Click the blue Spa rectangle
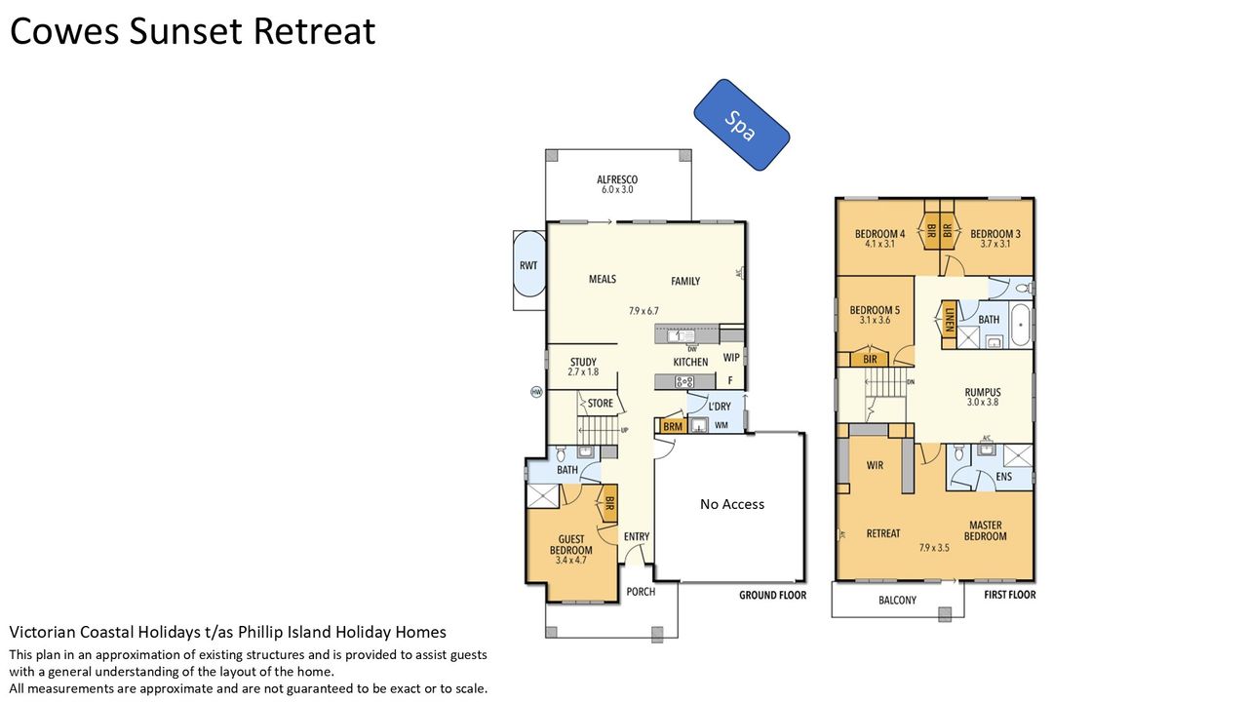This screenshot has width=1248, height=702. point(742,125)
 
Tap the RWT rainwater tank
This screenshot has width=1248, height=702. point(528,264)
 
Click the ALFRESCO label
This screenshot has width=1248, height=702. point(617,180)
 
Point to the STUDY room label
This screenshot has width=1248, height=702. point(583,362)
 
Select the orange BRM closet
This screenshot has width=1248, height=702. point(673,426)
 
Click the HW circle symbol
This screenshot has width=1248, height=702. point(536,392)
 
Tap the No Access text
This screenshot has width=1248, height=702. point(732,504)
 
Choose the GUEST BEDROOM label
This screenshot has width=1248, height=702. point(571,545)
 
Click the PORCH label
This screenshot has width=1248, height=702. point(641,592)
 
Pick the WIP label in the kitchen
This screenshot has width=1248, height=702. point(731,357)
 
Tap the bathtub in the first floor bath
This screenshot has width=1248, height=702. point(1022,325)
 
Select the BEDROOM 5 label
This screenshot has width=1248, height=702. point(875,310)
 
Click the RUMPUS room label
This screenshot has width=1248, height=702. point(983,392)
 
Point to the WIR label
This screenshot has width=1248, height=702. point(875,465)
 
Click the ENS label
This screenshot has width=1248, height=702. point(1004,477)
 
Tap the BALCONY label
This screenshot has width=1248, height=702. point(898,600)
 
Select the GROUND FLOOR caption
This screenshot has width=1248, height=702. point(773,595)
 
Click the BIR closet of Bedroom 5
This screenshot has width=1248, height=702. point(870,360)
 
